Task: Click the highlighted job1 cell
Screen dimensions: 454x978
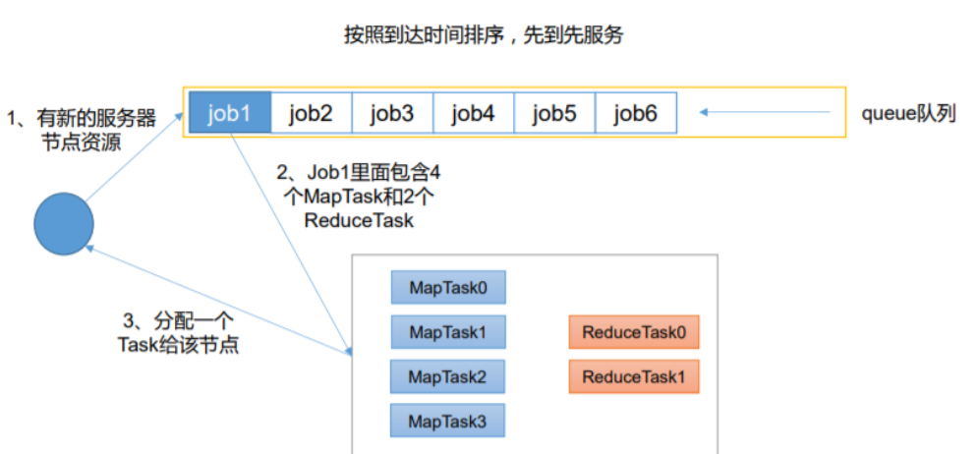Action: pos(229,114)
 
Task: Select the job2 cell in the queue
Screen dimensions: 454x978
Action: pos(311,114)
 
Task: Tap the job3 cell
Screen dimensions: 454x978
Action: pos(392,114)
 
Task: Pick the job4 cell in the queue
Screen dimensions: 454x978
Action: pos(473,114)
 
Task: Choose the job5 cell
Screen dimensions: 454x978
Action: pos(554,114)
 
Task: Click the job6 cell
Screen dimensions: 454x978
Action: pos(636,114)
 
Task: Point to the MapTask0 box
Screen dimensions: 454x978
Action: pos(448,287)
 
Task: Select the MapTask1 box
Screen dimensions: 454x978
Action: pos(448,332)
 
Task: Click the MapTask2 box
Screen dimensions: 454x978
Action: pos(448,376)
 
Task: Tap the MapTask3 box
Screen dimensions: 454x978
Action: pos(448,420)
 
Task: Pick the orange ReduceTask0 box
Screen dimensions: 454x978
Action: pos(634,332)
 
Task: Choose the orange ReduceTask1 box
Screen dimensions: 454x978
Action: pos(634,376)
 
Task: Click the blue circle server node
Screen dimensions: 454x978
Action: pos(64,224)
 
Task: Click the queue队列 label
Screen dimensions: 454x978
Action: pos(909,114)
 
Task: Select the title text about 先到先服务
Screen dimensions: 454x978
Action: pos(484,35)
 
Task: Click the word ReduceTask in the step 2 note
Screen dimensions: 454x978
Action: pos(359,221)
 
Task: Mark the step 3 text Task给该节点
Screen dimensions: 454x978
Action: pos(177,346)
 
